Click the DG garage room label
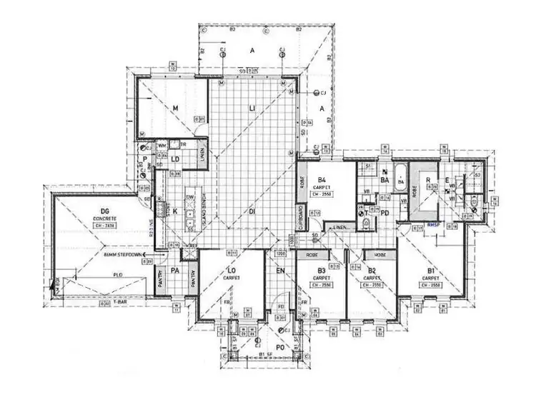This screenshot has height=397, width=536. point(106,212)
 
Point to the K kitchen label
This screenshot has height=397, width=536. point(175,212)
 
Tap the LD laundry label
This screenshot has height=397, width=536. point(175,159)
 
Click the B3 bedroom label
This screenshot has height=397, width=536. point(322,271)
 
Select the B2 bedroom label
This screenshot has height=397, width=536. point(372,271)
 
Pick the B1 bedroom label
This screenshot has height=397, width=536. point(431,271)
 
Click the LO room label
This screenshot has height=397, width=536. point(231,271)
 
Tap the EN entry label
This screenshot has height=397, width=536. point(280,271)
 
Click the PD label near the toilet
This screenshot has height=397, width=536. point(384,213)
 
